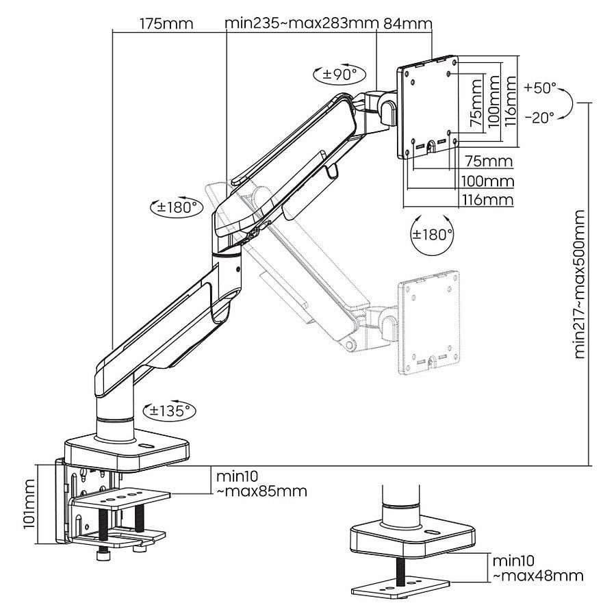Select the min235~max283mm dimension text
(302, 23)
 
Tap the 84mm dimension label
(408, 23)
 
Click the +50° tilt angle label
(541, 88)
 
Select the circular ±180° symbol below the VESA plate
(433, 234)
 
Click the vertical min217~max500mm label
(581, 284)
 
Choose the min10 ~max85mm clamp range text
(261, 483)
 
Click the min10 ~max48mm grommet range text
(538, 568)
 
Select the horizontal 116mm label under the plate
(488, 199)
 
